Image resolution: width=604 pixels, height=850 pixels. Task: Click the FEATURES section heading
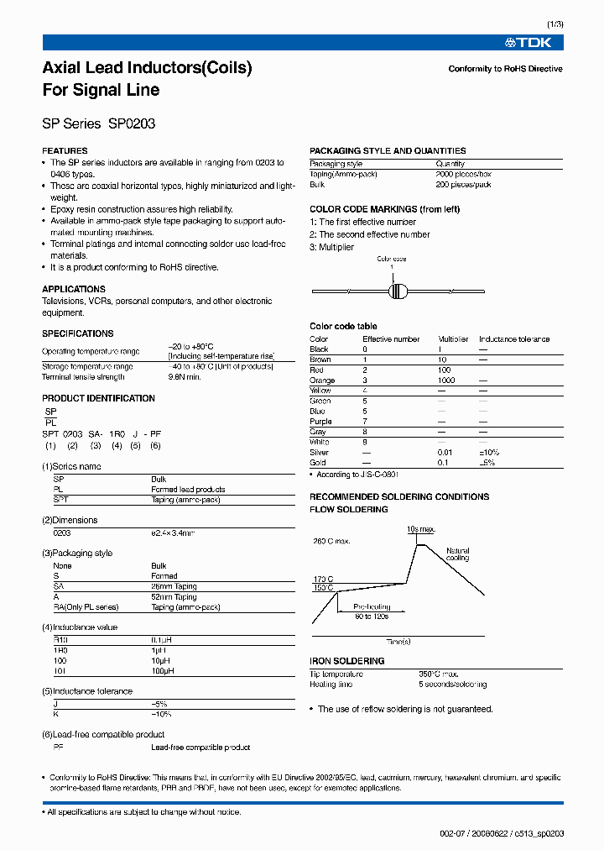point(65,151)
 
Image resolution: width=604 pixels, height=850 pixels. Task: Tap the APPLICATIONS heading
point(74,289)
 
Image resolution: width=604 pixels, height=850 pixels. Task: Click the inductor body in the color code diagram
point(399,291)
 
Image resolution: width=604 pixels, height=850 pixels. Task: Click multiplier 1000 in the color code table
point(446,380)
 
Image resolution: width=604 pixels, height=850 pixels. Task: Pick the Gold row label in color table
point(319,463)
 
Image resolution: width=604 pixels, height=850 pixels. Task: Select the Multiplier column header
point(454,339)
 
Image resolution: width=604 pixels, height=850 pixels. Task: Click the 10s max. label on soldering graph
point(420,529)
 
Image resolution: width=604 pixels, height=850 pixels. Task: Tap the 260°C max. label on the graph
point(331,542)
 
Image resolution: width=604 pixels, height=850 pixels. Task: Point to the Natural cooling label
point(457,554)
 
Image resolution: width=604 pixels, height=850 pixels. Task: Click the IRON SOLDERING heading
point(346,661)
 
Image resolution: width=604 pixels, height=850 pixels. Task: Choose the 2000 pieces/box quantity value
point(463,174)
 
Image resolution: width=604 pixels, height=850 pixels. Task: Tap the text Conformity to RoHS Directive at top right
point(505,69)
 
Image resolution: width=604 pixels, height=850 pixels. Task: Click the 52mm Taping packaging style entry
point(174,596)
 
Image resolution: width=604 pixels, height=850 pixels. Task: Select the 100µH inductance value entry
point(163,671)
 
